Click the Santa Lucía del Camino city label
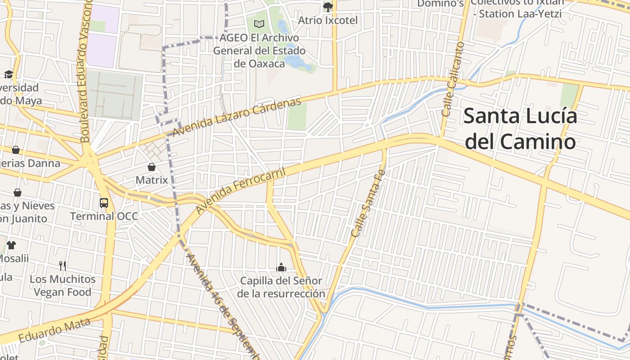pyautogui.click(x=520, y=129)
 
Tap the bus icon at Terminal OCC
pyautogui.click(x=104, y=202)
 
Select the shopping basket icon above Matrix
pyautogui.click(x=152, y=167)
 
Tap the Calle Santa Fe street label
pyautogui.click(x=368, y=203)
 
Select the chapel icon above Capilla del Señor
pyautogui.click(x=281, y=268)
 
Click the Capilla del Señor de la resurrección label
pyautogui.click(x=281, y=287)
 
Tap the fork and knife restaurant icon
pyautogui.click(x=63, y=265)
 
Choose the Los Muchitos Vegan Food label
pyautogui.click(x=63, y=286)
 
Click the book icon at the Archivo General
pyautogui.click(x=259, y=24)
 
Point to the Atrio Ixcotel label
pyautogui.click(x=328, y=20)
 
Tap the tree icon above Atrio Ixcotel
pyautogui.click(x=328, y=7)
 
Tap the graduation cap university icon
pyautogui.click(x=9, y=74)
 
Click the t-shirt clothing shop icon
pyautogui.click(x=11, y=245)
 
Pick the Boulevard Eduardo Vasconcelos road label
pyautogui.click(x=86, y=72)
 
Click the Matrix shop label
pyautogui.click(x=152, y=180)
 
